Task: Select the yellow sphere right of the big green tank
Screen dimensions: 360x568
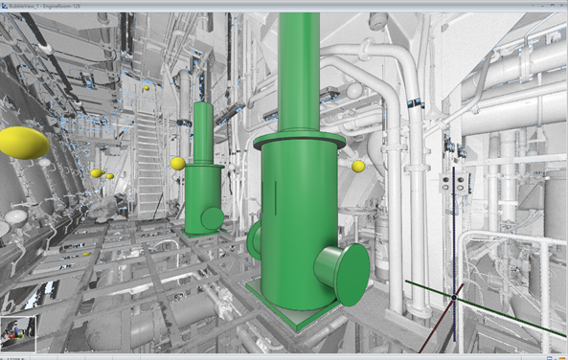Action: pyautogui.click(x=358, y=167)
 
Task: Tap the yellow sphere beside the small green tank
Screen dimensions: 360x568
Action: pyautogui.click(x=177, y=164)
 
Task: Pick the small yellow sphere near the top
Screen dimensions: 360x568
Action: pyautogui.click(x=147, y=88)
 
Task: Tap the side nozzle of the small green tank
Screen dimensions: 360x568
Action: pyautogui.click(x=213, y=217)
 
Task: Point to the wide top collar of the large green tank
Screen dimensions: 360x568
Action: pyautogui.click(x=300, y=140)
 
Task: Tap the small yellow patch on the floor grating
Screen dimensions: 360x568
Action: pyautogui.click(x=87, y=254)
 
